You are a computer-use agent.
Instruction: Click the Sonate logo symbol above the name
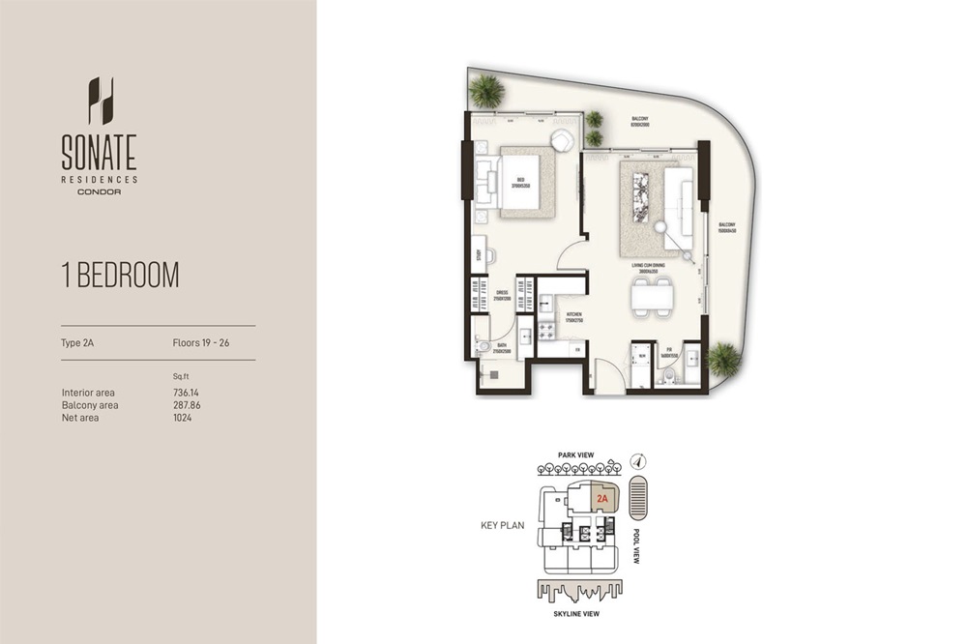tap(101, 101)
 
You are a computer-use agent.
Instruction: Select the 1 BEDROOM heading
tap(120, 275)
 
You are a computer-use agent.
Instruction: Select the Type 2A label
tap(78, 342)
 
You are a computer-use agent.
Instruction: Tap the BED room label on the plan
tap(520, 181)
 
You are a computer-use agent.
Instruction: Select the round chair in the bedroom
tap(562, 140)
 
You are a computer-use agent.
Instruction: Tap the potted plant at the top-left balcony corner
tap(485, 92)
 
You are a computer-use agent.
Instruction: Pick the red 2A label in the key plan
tap(602, 499)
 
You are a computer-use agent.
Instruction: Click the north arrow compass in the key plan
tap(636, 461)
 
